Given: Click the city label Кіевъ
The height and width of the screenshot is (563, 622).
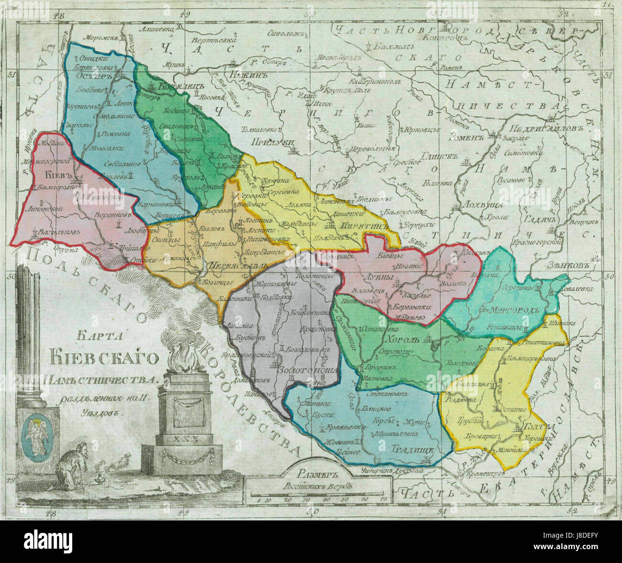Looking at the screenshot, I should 49,174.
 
